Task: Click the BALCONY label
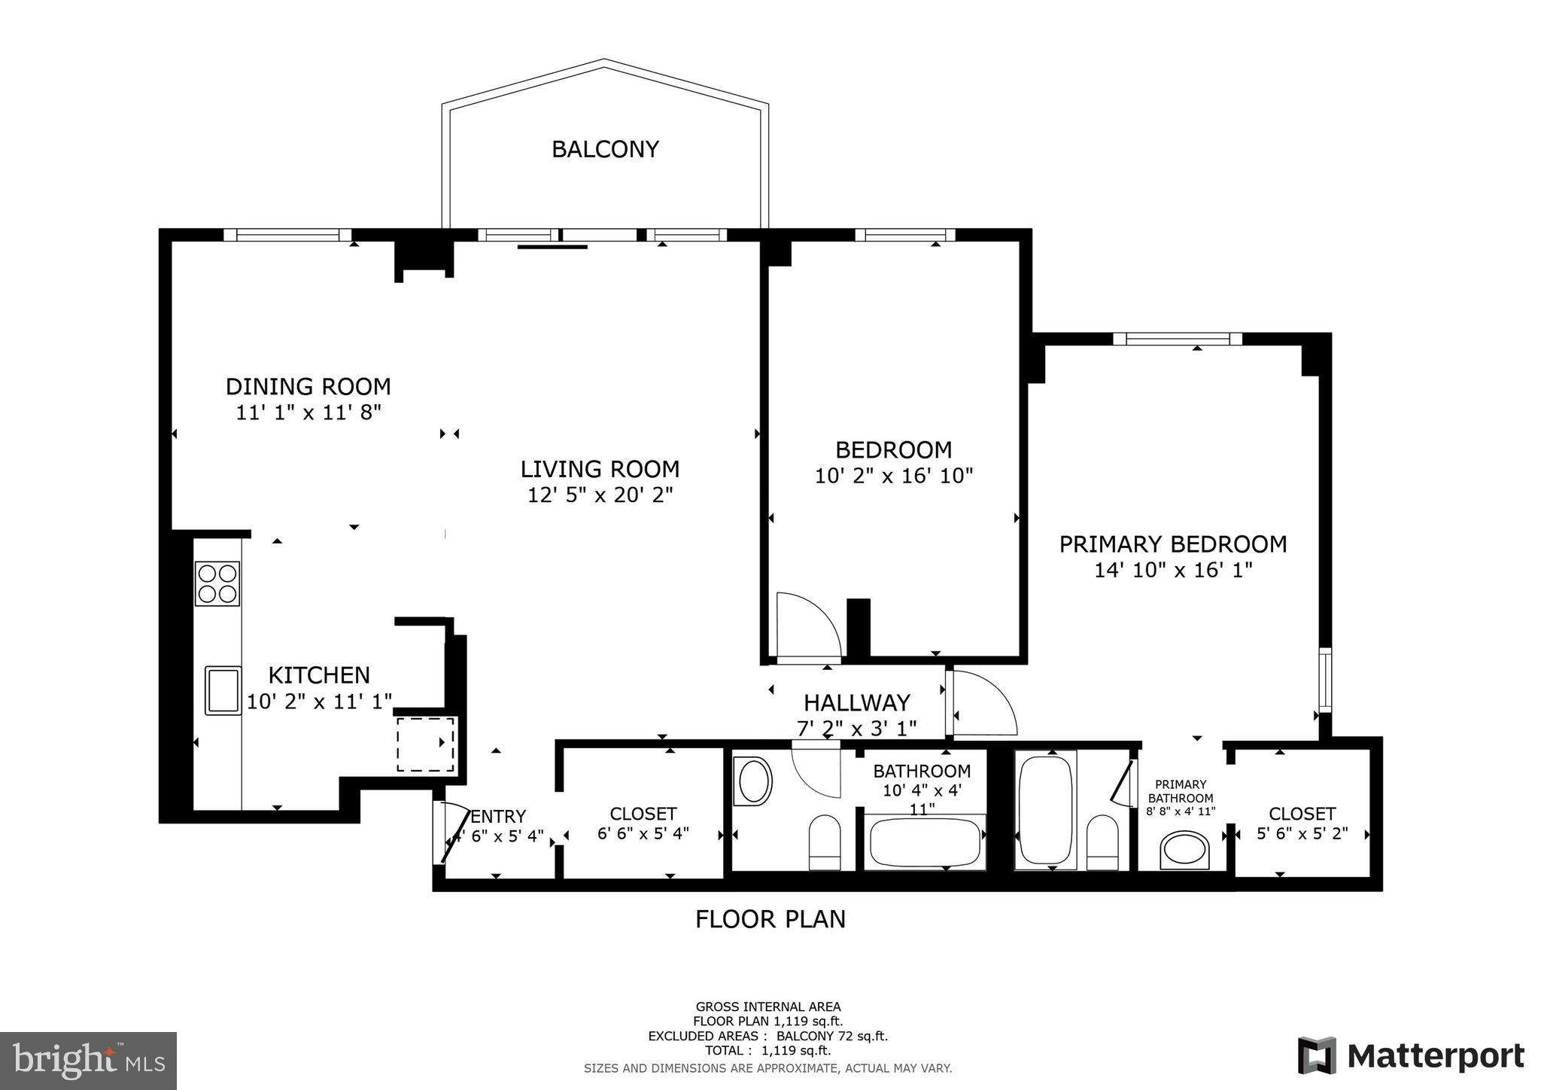click(x=605, y=149)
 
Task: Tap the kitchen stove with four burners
click(x=217, y=583)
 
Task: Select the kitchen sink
click(x=223, y=690)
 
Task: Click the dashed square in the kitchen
click(x=425, y=744)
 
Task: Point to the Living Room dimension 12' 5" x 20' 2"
click(x=600, y=495)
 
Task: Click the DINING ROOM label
click(x=309, y=387)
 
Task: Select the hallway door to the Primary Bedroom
click(x=982, y=703)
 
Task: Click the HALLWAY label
click(x=856, y=703)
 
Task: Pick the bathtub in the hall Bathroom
click(x=926, y=842)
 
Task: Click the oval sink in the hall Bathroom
click(x=755, y=781)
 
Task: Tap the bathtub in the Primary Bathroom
click(x=1044, y=810)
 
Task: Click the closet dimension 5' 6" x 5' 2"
click(x=1302, y=834)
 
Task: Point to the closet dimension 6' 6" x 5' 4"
click(x=643, y=834)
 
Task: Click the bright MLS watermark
click(x=88, y=1061)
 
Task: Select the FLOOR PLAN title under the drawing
click(x=770, y=919)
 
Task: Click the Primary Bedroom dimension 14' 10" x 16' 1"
click(x=1172, y=571)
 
